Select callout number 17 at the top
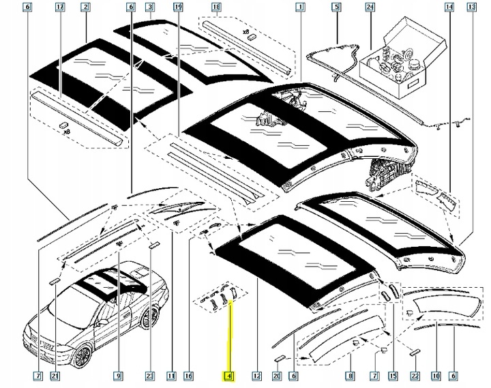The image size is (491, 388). [x=60, y=8]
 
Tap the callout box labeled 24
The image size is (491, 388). [x=370, y=8]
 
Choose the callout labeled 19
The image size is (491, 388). [x=177, y=8]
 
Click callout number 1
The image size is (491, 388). [x=299, y=8]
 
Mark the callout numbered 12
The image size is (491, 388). [x=256, y=376]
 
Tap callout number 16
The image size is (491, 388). [x=188, y=376]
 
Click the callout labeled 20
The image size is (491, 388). [x=277, y=376]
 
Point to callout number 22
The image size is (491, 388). [x=414, y=376]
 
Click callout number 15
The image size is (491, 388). [x=392, y=376]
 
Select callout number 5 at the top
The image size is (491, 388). [x=336, y=8]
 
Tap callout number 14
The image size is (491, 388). [x=449, y=8]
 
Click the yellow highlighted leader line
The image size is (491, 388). [x=230, y=334]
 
